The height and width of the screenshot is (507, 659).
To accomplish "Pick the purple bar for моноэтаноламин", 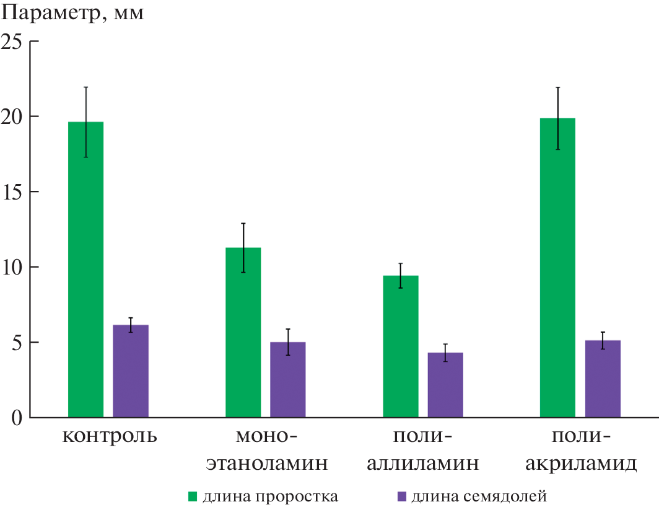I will click(x=287, y=379).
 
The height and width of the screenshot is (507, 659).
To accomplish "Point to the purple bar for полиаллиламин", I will click(x=445, y=385).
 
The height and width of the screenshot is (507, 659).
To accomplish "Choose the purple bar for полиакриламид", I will click(x=603, y=379).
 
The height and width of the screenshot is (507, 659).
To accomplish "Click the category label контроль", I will click(x=110, y=436).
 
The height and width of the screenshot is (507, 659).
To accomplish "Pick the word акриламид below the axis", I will click(x=581, y=463).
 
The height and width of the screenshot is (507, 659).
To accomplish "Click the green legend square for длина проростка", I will click(x=193, y=496).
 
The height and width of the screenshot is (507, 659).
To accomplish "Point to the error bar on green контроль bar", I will click(x=86, y=122).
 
